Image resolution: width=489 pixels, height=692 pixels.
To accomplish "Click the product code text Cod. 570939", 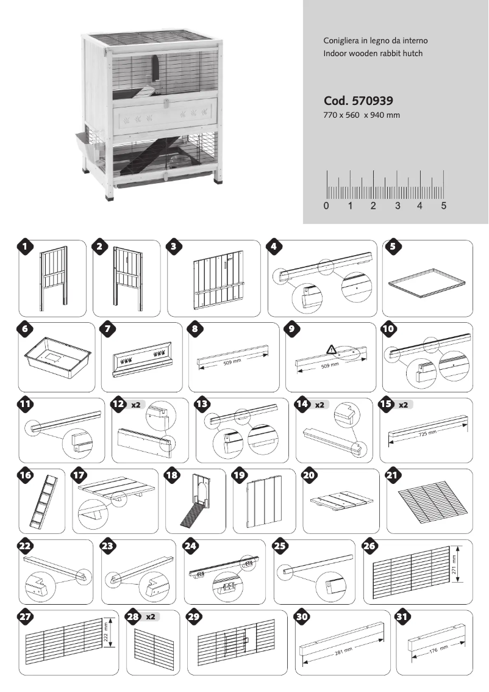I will [x=358, y=101].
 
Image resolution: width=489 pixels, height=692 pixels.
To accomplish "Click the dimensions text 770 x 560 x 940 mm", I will [x=362, y=115].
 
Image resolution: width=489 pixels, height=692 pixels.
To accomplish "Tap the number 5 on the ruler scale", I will [x=443, y=206].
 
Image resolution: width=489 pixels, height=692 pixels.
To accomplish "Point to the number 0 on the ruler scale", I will [x=326, y=206].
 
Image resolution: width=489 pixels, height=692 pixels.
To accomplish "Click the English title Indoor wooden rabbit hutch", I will [x=373, y=54].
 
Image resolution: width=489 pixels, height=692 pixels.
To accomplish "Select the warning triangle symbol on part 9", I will [x=331, y=350].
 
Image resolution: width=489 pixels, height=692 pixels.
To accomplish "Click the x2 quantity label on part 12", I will [x=135, y=404].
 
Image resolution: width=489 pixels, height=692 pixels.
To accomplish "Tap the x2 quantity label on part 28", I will [x=151, y=617].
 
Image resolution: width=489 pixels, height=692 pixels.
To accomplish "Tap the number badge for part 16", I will [x=26, y=475].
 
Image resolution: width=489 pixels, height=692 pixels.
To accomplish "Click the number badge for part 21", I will [x=394, y=475].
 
